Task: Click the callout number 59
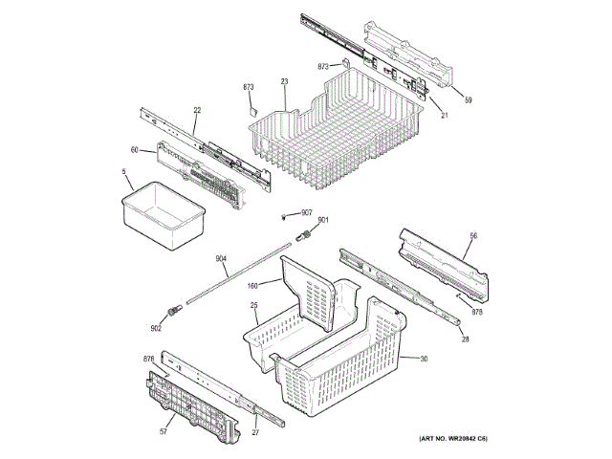[469, 99]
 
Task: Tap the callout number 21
[445, 116]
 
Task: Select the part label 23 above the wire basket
[284, 82]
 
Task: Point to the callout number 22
[196, 111]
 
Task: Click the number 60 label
[135, 149]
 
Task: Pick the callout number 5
[124, 172]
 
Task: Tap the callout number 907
[307, 212]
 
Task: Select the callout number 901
[323, 221]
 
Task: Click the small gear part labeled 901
[305, 235]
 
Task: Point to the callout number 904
[221, 259]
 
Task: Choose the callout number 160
[253, 285]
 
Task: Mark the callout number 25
[255, 306]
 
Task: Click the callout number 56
[472, 235]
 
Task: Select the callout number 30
[424, 359]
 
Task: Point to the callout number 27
[256, 433]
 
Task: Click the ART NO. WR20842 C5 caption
[453, 439]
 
